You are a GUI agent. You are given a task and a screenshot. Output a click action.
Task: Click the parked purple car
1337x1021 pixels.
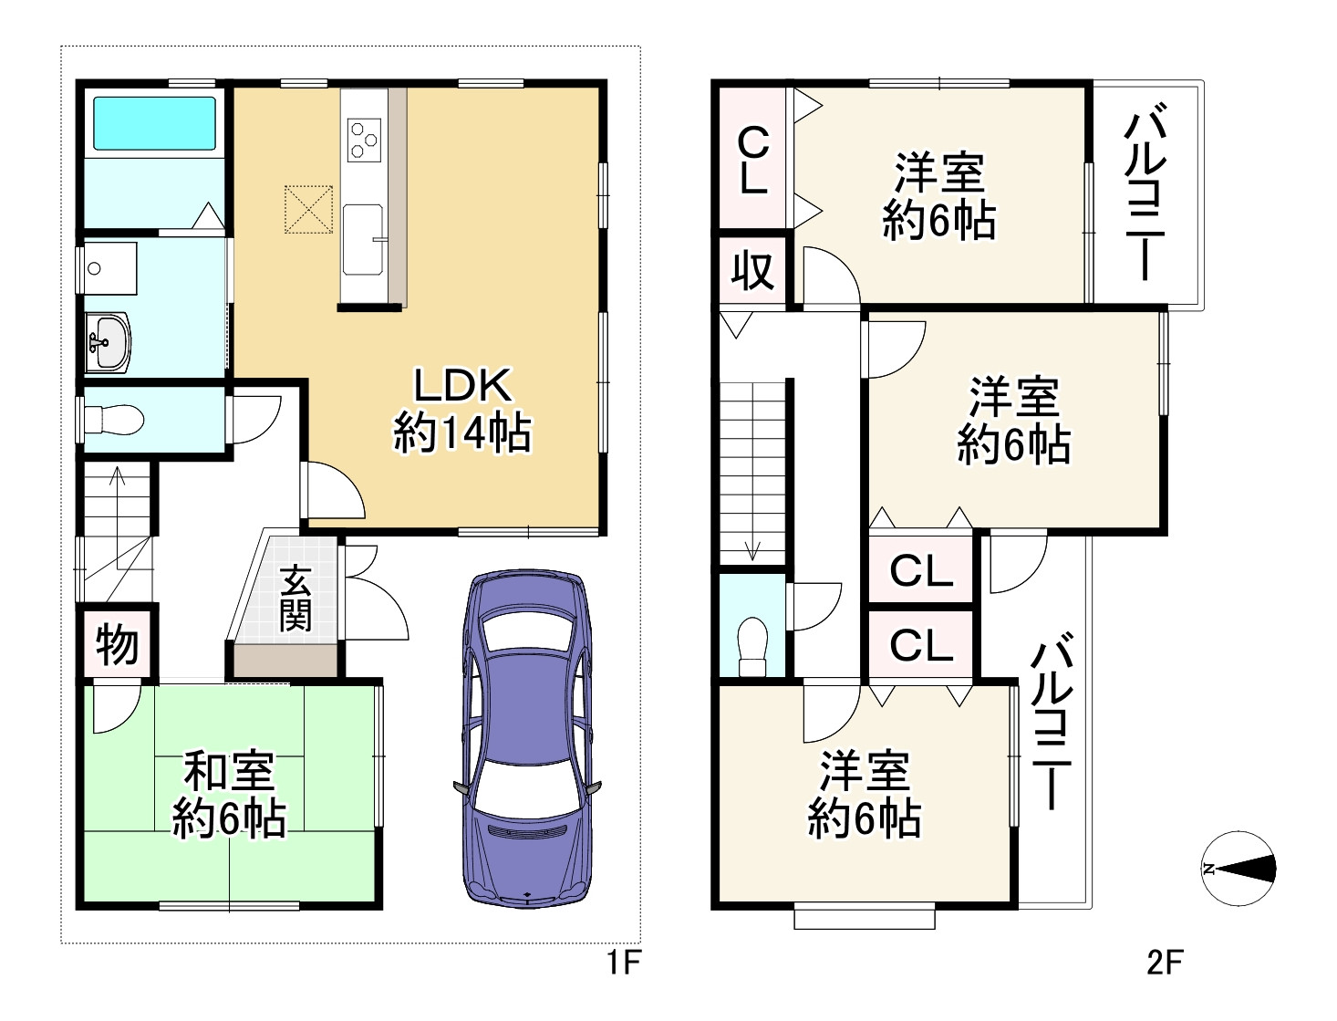pos(527,738)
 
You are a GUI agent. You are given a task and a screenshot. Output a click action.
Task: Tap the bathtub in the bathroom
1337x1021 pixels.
pos(154,124)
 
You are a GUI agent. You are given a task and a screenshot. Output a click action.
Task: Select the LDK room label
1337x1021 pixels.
pos(463,386)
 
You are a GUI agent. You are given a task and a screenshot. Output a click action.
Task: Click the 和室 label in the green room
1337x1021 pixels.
pos(229,771)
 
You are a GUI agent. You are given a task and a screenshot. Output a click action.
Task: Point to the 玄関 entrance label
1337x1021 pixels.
pos(295,599)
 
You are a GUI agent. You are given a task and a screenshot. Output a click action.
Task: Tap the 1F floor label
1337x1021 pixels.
pos(624,964)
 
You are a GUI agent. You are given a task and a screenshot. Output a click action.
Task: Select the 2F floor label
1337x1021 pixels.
pos(1165,964)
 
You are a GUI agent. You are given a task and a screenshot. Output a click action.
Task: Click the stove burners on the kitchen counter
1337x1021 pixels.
pos(364,141)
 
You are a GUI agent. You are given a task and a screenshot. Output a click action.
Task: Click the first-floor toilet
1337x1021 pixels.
pos(114,420)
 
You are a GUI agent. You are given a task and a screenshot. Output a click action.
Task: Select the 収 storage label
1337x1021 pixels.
pos(753,272)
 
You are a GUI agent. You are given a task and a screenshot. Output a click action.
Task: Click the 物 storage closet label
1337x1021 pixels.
pos(118,644)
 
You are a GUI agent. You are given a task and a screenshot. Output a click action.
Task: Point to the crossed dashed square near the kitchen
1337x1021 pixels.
pos(309,209)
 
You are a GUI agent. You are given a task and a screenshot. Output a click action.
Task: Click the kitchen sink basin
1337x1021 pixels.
pos(363,239)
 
